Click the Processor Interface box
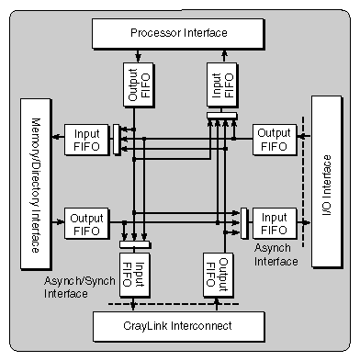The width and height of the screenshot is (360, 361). pyautogui.click(x=178, y=33)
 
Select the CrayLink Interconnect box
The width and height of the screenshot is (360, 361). pyautogui.click(x=178, y=326)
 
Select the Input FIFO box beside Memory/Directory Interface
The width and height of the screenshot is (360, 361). pyautogui.click(x=86, y=140)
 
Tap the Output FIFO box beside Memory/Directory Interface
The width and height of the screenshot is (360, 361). pyautogui.click(x=86, y=223)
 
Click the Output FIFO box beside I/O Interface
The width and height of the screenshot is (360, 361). pyautogui.click(x=274, y=140)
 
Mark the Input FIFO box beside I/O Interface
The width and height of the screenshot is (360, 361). pyautogui.click(x=274, y=223)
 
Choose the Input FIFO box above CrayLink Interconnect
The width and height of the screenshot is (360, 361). pyautogui.click(x=135, y=272)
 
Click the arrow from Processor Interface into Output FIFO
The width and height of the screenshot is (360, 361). pyautogui.click(x=135, y=58)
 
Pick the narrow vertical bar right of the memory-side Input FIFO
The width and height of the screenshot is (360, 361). pyautogui.click(x=116, y=140)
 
